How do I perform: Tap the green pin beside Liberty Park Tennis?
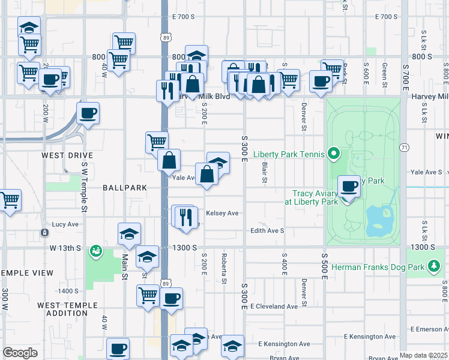pyautogui.click(x=331, y=154)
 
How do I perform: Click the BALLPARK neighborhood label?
pyautogui.click(x=125, y=188)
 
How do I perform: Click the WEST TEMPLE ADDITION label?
pyautogui.click(x=67, y=309)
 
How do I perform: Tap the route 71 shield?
pyautogui.click(x=404, y=147)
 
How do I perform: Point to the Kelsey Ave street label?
pyautogui.click(x=222, y=213)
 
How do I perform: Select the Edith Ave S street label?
pyautogui.click(x=267, y=230)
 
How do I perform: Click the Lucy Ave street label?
pyautogui.click(x=66, y=224)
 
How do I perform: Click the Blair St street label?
pyautogui.click(x=264, y=172)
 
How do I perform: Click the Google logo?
pyautogui.click(x=20, y=353)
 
